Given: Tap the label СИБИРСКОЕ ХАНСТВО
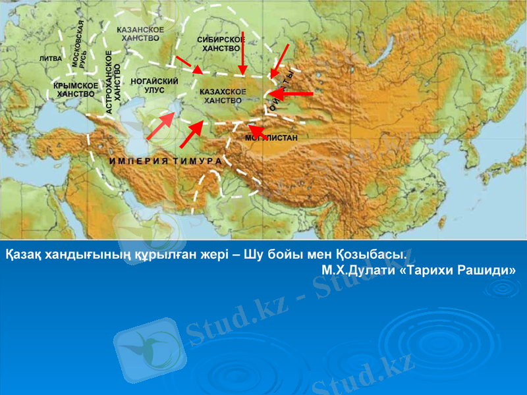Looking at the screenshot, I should click(x=222, y=44).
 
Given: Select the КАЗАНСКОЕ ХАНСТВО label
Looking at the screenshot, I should click(x=140, y=34).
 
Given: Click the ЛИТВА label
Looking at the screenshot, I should click(x=51, y=59).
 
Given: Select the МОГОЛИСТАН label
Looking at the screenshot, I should click(x=271, y=138).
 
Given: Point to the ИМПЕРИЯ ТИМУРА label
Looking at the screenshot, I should click(x=165, y=161).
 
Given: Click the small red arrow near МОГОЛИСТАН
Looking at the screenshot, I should click(x=257, y=129).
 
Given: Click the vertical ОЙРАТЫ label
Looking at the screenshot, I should click(x=280, y=93).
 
